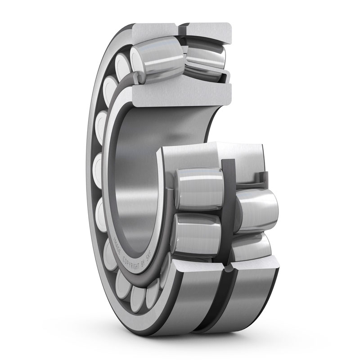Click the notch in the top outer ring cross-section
182,30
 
